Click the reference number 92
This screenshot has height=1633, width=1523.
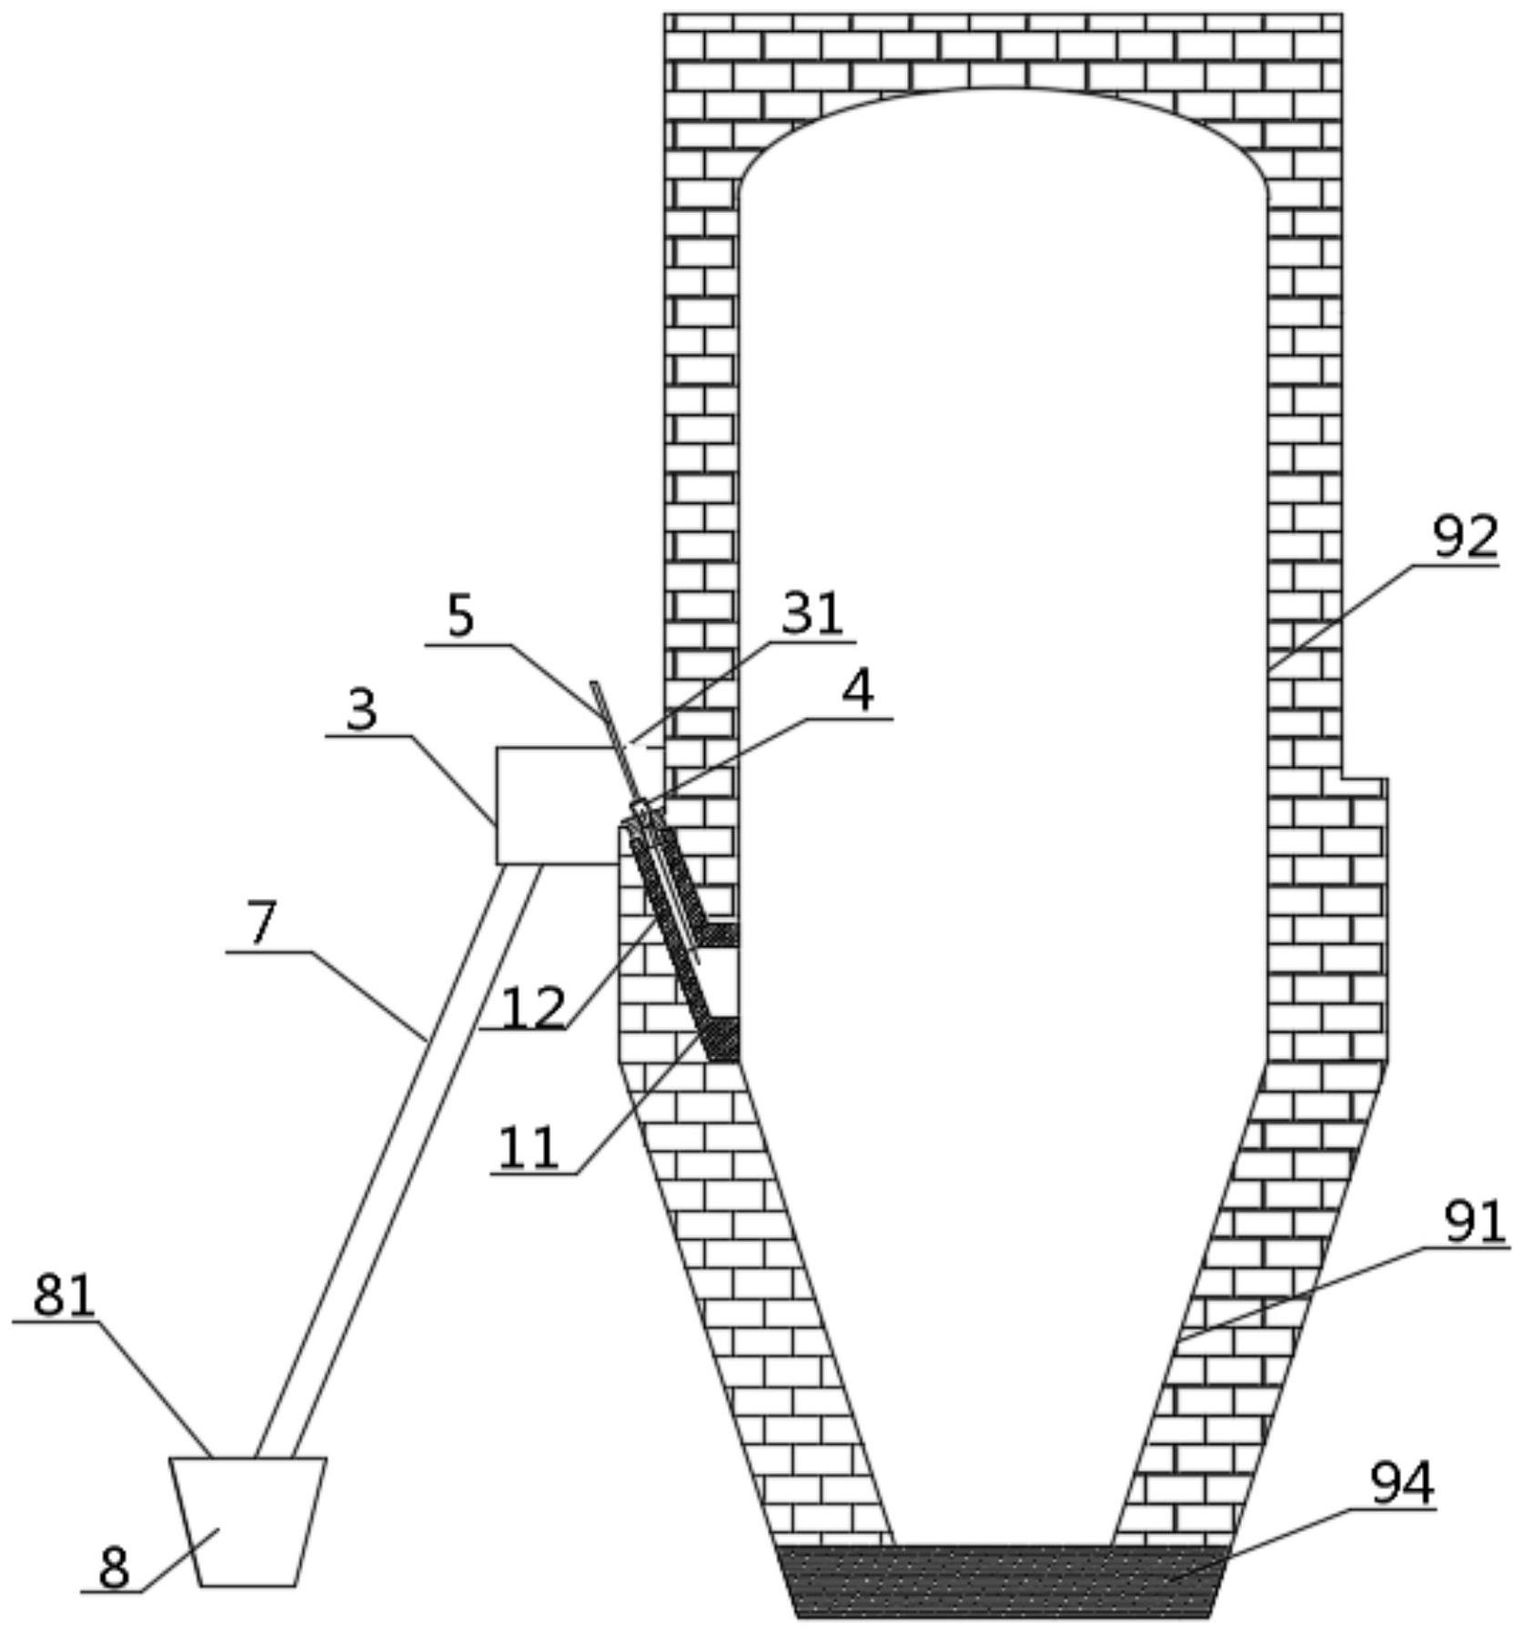pos(1465,537)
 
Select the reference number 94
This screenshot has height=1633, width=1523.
pos(1402,1484)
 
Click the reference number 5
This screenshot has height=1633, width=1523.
pos(460,617)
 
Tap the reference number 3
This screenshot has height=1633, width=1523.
pos(361,710)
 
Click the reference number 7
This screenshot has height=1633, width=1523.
pos(261,924)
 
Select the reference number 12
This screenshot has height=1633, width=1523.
pos(533,1008)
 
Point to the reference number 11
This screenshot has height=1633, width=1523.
pos(528,1148)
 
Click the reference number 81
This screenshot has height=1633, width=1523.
pos(64,1295)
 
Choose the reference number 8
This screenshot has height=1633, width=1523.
pos(115,1567)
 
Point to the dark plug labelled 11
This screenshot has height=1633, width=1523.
pos(721,1039)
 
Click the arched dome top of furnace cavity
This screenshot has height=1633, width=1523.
pos(1003,88)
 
